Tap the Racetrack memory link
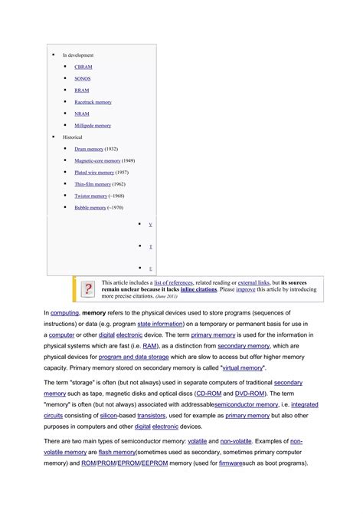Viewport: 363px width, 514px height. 93,102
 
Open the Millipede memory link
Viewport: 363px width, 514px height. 93,125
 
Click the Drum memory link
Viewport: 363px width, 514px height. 88,149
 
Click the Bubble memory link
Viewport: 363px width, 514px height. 90,207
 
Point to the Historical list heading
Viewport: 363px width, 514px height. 72,137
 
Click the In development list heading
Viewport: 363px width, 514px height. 77,55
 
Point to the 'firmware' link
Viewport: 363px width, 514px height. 237,464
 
